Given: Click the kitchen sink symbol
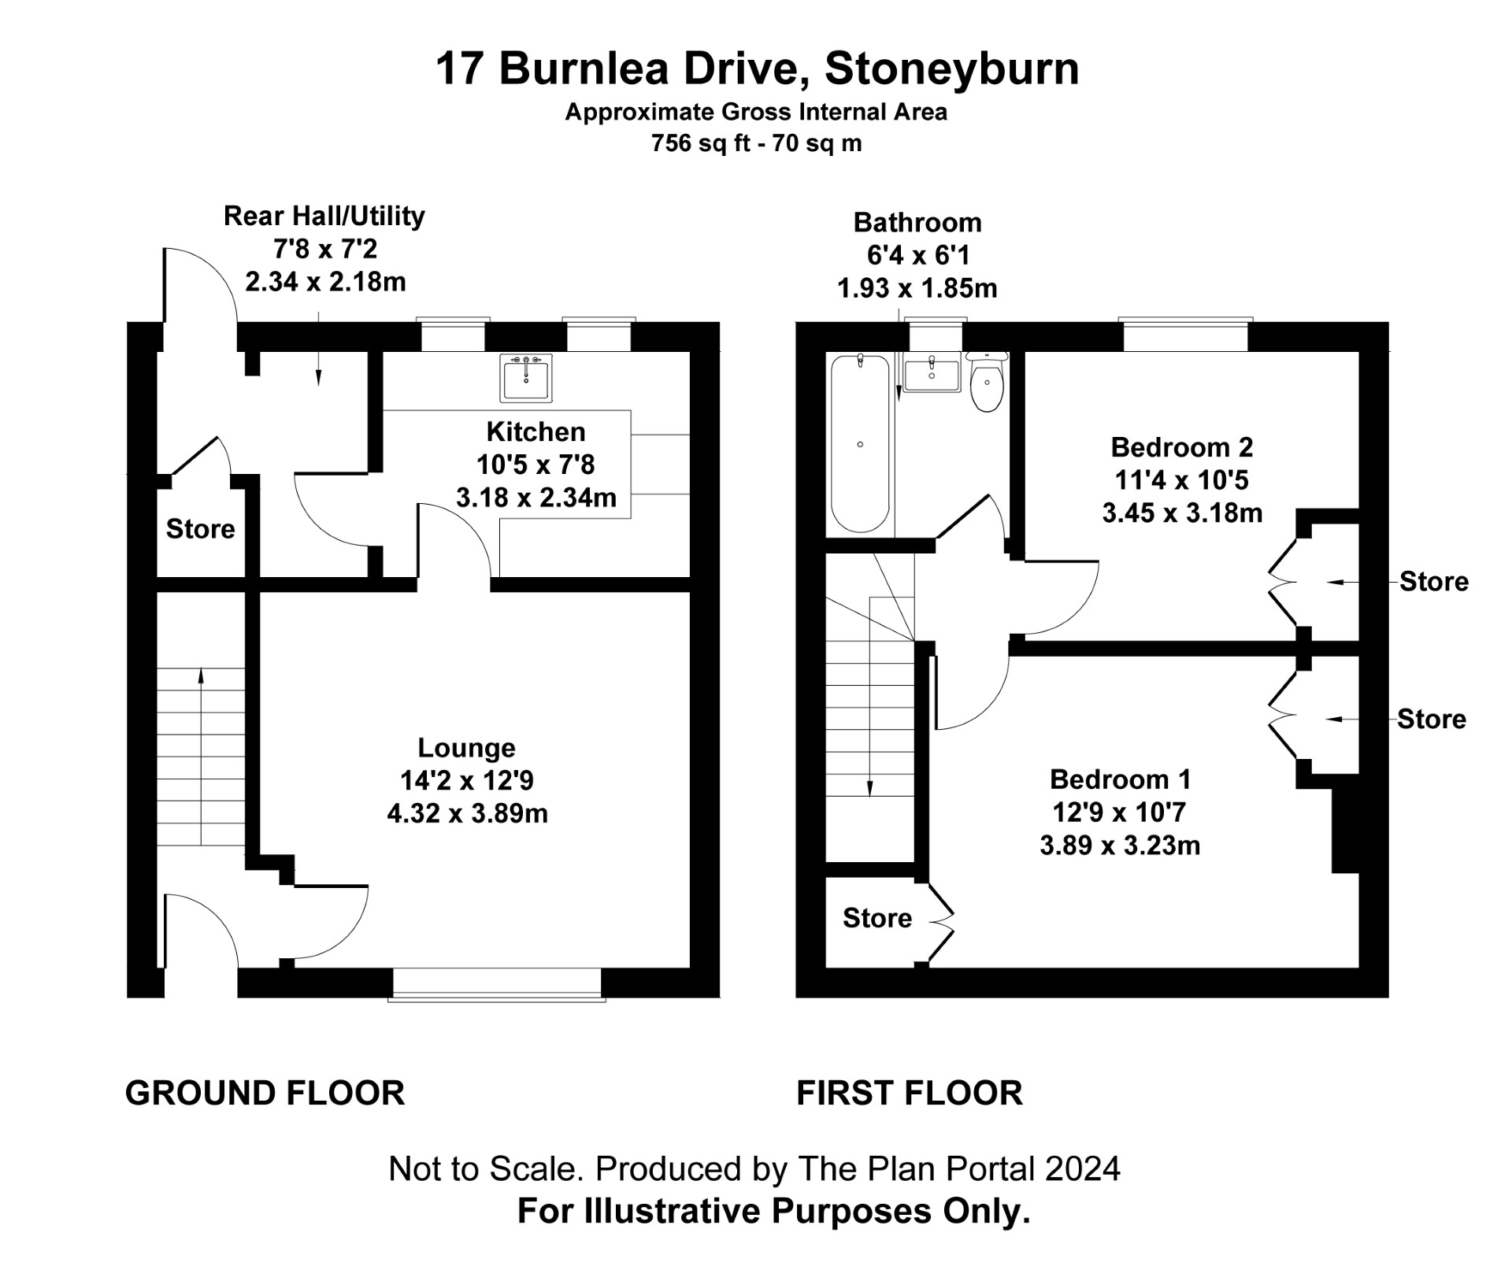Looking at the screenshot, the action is [x=526, y=378].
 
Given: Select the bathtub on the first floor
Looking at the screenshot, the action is [x=861, y=443].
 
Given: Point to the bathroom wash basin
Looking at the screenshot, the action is [x=932, y=374].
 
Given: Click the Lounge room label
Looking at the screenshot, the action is [x=467, y=747].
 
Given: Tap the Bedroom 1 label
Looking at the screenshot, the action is [x=1120, y=779].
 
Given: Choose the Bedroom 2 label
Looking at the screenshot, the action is [x=1181, y=447].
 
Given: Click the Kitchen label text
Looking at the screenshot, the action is [x=536, y=431].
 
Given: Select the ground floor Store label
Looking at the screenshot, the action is [x=200, y=529].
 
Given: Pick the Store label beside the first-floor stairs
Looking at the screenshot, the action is [x=877, y=918].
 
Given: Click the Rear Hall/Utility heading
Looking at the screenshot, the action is [x=324, y=216].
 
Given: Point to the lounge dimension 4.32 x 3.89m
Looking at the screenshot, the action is [x=468, y=813].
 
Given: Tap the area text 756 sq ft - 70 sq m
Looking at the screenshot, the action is [x=757, y=143].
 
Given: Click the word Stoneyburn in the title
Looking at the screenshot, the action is [x=951, y=68].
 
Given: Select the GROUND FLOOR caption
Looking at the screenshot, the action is [x=265, y=1093].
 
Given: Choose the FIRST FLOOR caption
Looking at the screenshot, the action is [x=910, y=1093].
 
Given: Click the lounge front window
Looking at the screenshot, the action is [x=497, y=984].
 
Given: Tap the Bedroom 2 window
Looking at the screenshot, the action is [x=1185, y=335].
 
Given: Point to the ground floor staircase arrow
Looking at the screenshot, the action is [x=201, y=757].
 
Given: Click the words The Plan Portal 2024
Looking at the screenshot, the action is [x=959, y=1168].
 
